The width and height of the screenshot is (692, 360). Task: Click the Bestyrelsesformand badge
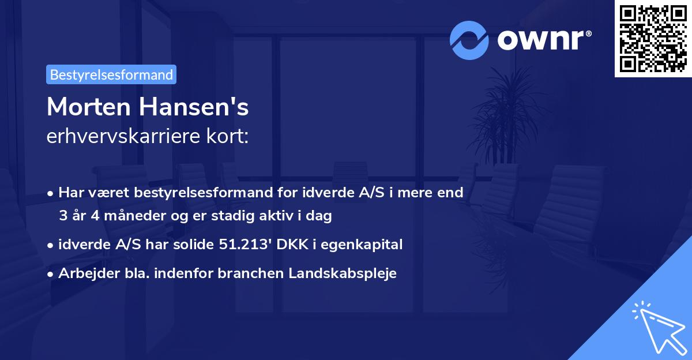111,74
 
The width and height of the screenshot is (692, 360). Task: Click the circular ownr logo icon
469,39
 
